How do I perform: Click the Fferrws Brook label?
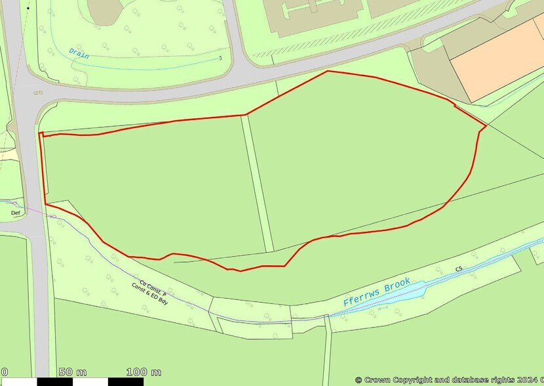378,292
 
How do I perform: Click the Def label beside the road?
16,213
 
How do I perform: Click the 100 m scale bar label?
144,372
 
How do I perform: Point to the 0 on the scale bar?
4,372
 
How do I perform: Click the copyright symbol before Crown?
359,379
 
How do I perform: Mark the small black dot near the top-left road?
28,7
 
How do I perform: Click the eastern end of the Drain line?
220,58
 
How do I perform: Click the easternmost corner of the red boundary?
486,125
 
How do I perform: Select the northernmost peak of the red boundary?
328,71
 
